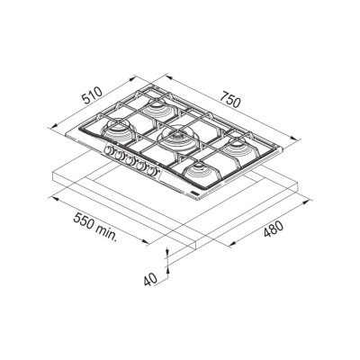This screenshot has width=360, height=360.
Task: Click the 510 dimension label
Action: pyautogui.click(x=93, y=95)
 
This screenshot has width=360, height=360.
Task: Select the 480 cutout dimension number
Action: pyautogui.click(x=273, y=229)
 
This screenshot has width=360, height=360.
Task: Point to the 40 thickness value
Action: pyautogui.click(x=150, y=280)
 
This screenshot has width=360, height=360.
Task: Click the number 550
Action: pyautogui.click(x=85, y=222)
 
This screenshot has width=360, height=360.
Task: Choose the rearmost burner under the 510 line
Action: pyautogui.click(x=158, y=109)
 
